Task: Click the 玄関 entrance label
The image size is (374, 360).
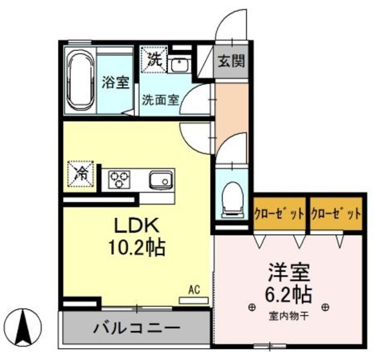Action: [232, 60]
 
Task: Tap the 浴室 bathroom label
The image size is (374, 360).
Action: [115, 82]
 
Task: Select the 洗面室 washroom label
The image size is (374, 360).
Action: [160, 100]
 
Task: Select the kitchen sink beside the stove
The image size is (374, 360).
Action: [160, 179]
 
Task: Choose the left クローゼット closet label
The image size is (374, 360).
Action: [279, 213]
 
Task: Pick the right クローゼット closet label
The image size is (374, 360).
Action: [335, 213]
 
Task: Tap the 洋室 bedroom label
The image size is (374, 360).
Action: [288, 271]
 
